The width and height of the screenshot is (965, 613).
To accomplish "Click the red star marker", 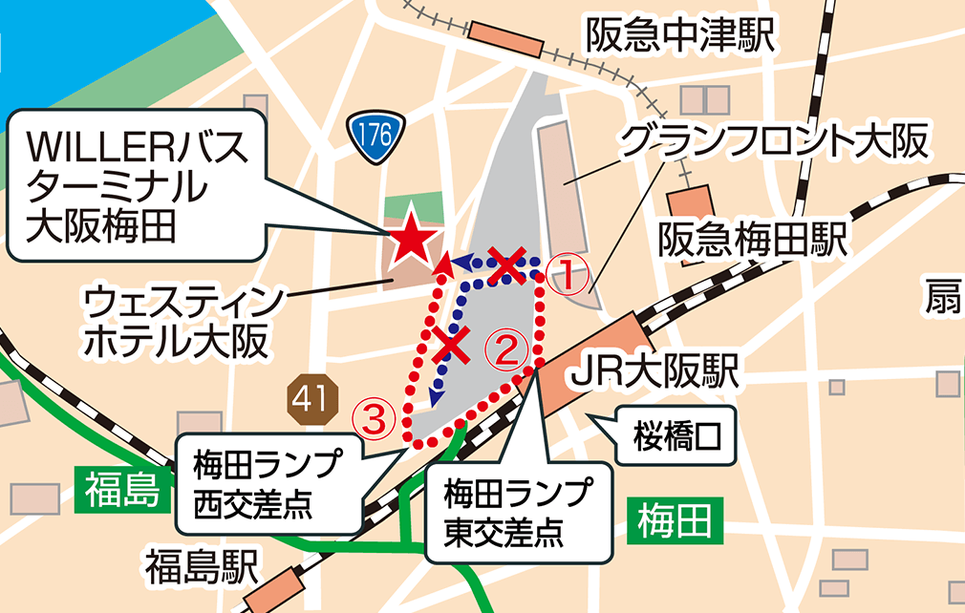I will (413, 239).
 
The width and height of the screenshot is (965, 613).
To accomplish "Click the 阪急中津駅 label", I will (680, 38).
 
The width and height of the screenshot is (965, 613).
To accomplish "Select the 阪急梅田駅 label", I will (753, 240).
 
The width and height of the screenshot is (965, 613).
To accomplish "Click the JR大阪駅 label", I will (654, 372).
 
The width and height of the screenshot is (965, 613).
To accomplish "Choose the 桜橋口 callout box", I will (675, 437).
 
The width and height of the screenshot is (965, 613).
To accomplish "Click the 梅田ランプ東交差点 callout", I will (517, 511).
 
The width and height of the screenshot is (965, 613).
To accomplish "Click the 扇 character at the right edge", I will (943, 299).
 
